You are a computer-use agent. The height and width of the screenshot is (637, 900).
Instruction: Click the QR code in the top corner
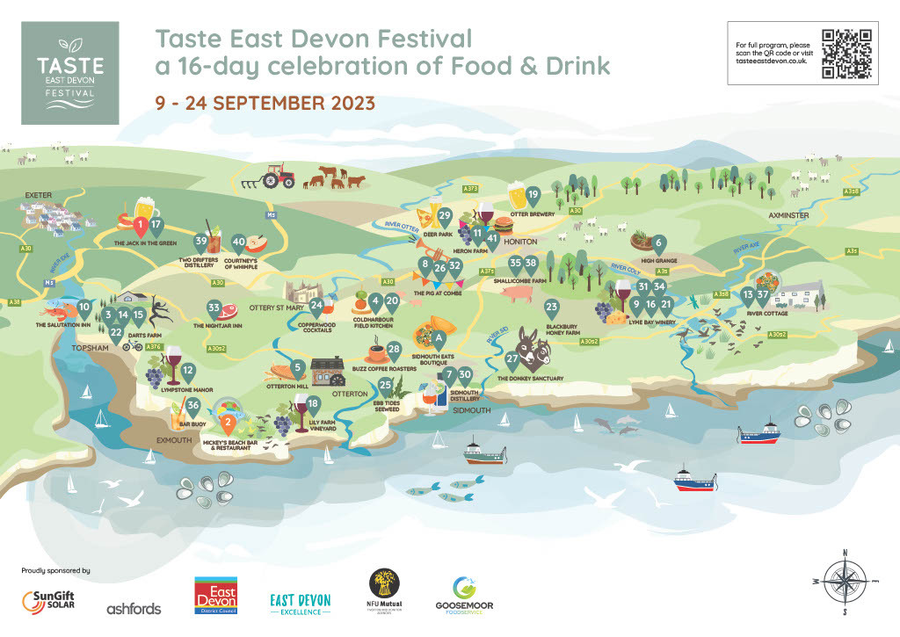(x=846, y=54)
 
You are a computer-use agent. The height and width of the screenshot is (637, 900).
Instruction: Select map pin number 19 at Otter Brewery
(x=532, y=195)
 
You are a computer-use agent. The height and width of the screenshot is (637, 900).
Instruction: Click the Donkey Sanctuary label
(x=530, y=379)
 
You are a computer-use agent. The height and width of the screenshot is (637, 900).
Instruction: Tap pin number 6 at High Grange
(x=658, y=242)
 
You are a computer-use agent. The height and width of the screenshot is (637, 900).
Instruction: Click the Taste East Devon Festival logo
(x=69, y=73)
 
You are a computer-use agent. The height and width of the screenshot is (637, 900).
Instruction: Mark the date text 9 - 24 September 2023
(x=265, y=102)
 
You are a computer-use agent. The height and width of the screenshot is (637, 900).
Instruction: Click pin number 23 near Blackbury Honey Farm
(x=552, y=308)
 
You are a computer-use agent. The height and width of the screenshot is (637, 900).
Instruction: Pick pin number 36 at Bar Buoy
(x=194, y=405)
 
